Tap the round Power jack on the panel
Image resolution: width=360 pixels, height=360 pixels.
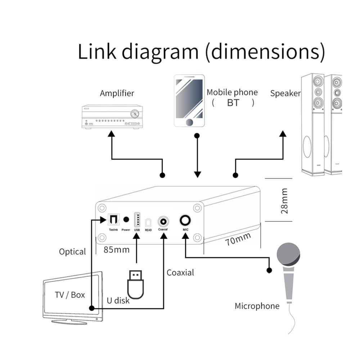pos(126,219)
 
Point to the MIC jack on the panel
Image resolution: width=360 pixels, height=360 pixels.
pos(185,220)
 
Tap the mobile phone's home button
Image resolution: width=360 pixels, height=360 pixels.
pos(189,122)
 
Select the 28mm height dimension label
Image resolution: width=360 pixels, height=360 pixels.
pos(284,201)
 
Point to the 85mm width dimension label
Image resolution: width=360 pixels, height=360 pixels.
pos(116,249)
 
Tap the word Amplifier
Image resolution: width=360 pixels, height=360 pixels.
pos(117,93)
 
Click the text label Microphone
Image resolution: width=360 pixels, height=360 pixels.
pos(257,306)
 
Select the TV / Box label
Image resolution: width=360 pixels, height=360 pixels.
pos(70,295)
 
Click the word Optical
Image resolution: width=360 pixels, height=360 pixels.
pos(73,252)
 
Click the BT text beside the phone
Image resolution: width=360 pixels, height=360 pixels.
pos(233,103)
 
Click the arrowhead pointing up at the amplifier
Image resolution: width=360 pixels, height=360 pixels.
pos(112,134)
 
